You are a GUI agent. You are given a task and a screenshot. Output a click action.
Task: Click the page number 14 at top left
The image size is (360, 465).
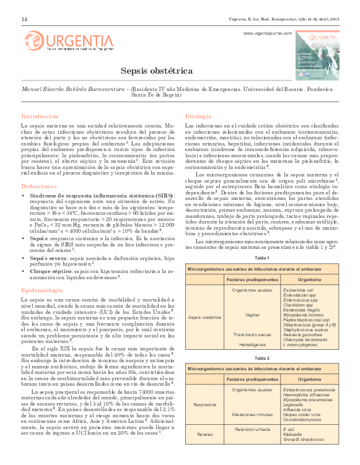tap(24, 19)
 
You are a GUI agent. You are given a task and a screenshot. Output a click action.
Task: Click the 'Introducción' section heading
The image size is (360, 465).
tap(40, 116)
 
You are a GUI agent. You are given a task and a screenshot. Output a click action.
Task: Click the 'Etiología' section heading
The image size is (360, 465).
tap(199, 116)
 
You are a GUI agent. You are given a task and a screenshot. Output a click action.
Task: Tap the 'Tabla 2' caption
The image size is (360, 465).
tap(262, 358)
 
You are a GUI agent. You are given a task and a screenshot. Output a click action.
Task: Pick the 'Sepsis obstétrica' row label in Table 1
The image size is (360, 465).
tap(204, 317)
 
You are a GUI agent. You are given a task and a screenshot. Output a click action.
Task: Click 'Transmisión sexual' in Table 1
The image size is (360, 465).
tap(252, 334)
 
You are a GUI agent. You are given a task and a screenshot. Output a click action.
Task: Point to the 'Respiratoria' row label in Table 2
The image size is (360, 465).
tap(204, 406)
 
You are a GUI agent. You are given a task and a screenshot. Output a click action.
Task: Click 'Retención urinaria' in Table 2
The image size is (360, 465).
tap(252, 446)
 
